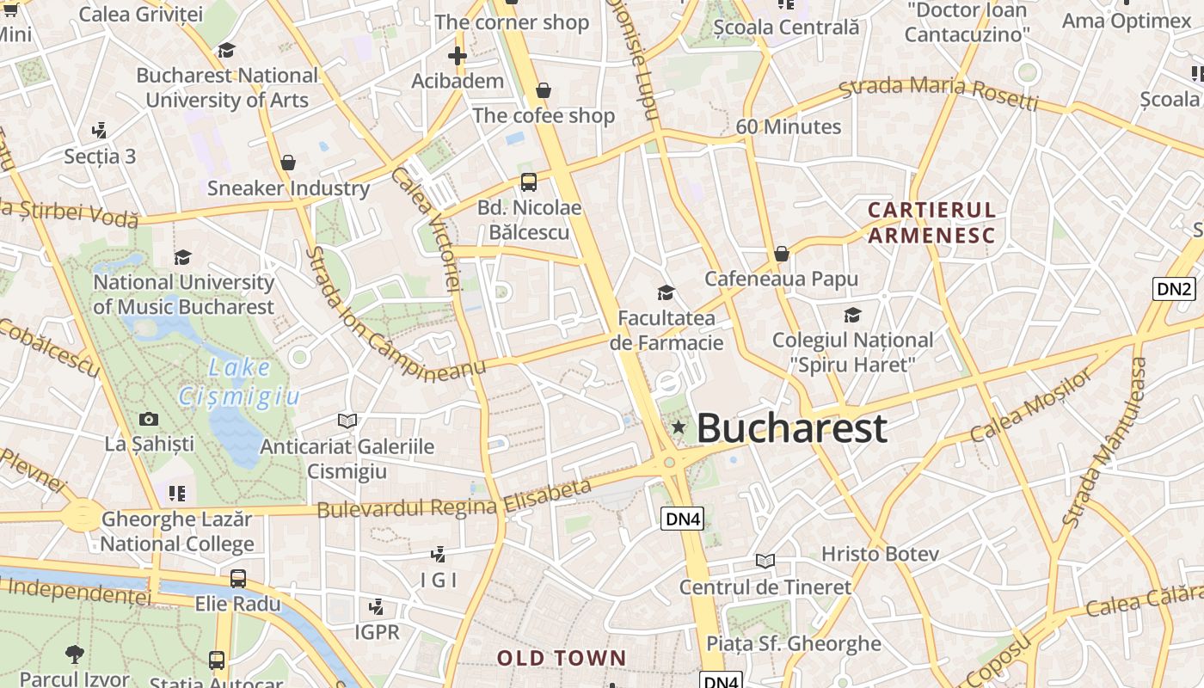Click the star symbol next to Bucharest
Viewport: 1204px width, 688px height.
click(679, 427)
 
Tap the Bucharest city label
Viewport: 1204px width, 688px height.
click(791, 428)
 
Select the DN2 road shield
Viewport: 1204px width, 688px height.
click(1174, 289)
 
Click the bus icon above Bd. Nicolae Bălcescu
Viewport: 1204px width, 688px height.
click(528, 181)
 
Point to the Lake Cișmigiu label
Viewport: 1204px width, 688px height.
click(238, 382)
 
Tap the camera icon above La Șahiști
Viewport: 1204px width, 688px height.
click(149, 420)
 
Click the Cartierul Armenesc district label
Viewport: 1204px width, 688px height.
click(931, 223)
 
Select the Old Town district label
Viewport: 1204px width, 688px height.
click(562, 659)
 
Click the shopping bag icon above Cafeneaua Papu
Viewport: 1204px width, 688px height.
click(781, 254)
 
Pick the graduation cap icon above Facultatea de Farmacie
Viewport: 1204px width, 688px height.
click(666, 293)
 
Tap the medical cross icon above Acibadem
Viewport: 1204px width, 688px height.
click(457, 57)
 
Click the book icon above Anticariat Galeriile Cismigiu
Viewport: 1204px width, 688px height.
click(347, 421)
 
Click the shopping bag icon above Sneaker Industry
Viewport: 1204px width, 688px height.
click(288, 163)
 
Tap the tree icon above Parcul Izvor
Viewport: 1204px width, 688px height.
click(75, 654)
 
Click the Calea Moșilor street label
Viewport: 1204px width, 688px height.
click(1031, 403)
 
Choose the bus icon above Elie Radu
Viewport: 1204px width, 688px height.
click(238, 579)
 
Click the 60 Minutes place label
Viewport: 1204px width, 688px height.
click(789, 126)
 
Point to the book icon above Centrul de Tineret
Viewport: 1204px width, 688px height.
click(765, 562)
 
